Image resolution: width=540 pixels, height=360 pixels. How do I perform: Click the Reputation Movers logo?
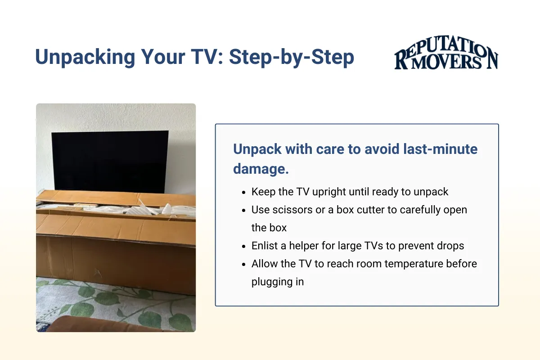[446, 57]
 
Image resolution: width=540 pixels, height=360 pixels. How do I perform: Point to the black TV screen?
[110, 160]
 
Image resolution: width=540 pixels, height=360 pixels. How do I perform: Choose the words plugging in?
[278, 282]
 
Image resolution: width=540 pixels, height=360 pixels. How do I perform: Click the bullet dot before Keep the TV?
[243, 192]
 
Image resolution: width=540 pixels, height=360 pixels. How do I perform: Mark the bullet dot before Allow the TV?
[243, 264]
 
